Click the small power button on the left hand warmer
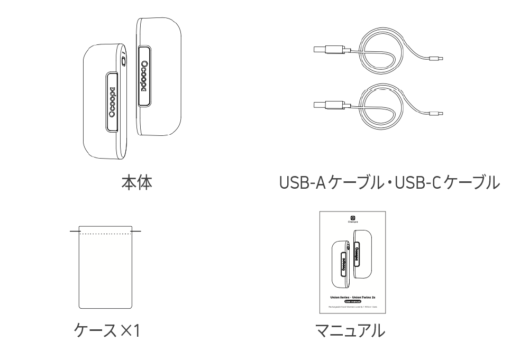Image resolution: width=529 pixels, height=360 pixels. [124, 61]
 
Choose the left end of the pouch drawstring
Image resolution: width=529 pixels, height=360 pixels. [72, 231]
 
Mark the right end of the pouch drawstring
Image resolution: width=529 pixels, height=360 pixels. [139, 231]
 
